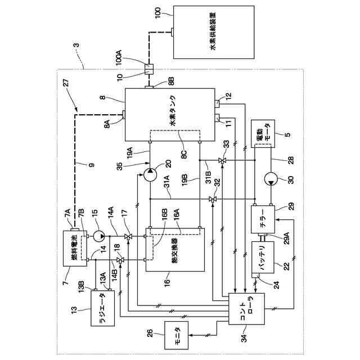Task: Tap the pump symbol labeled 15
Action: click(100, 233)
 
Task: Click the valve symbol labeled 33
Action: click(222, 161)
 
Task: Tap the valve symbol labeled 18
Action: click(120, 259)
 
